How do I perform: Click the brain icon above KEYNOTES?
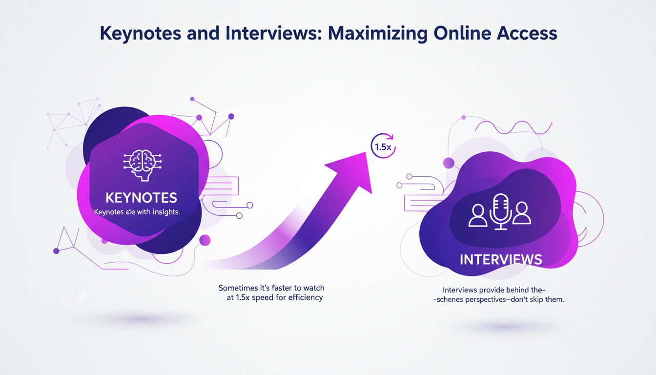[x=141, y=163]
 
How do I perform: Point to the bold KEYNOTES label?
[x=141, y=198]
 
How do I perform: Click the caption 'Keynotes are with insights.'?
[x=137, y=212]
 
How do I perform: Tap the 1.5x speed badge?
[x=384, y=146]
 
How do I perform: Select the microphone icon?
[x=500, y=211]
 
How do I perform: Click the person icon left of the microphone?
[x=477, y=215]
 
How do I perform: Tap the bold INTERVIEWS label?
[x=501, y=259]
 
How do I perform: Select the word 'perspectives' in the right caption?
[x=483, y=299]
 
